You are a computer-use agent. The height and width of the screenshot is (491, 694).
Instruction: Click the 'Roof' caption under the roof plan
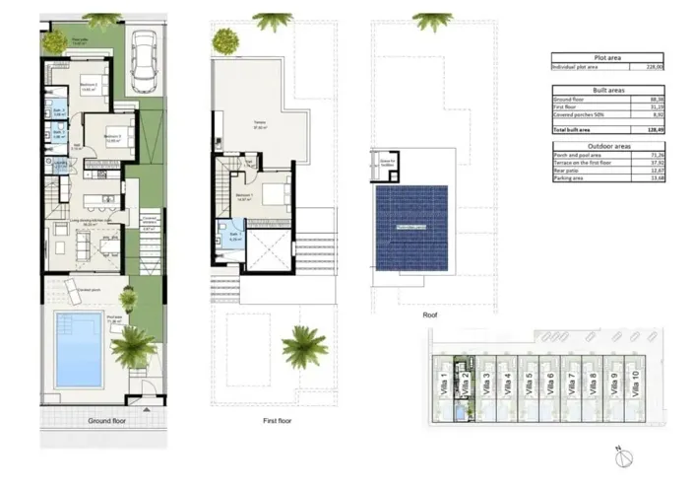pyautogui.click(x=429, y=316)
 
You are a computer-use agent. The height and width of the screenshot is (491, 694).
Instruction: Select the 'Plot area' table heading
pyautogui.click(x=606, y=58)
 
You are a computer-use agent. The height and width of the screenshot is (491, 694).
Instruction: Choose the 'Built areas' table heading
pyautogui.click(x=606, y=89)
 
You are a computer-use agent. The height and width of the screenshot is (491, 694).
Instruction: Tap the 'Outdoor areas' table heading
pyautogui.click(x=606, y=146)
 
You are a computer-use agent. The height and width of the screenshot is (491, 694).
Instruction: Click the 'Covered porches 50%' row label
pyautogui.click(x=577, y=114)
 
